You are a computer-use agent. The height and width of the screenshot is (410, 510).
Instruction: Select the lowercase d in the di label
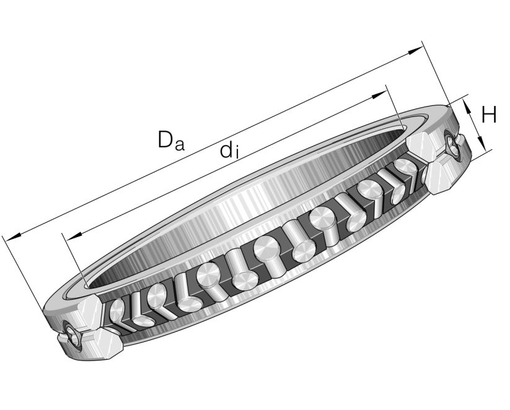tap(227, 150)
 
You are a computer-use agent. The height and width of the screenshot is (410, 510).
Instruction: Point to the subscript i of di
tap(237, 154)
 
